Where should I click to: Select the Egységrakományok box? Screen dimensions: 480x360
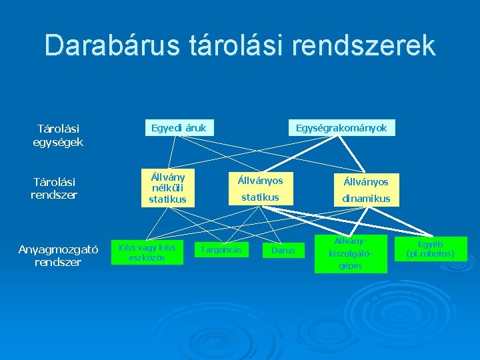tap(341, 127)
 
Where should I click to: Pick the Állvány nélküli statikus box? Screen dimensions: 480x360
tap(167, 188)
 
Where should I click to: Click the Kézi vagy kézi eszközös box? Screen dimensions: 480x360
tap(147, 252)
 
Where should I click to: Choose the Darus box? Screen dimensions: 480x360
tap(283, 251)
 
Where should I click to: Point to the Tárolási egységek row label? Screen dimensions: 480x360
tap(58, 135)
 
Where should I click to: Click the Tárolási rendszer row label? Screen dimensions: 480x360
tap(54, 188)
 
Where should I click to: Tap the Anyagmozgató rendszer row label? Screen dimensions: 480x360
tap(59, 255)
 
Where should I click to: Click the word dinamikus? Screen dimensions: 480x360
tap(366, 199)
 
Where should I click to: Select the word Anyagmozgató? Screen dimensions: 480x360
tap(59, 249)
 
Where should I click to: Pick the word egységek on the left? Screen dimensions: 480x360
tap(58, 141)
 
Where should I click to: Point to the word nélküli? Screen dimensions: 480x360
tap(167, 188)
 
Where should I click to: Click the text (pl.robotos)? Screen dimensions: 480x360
tap(431, 254)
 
